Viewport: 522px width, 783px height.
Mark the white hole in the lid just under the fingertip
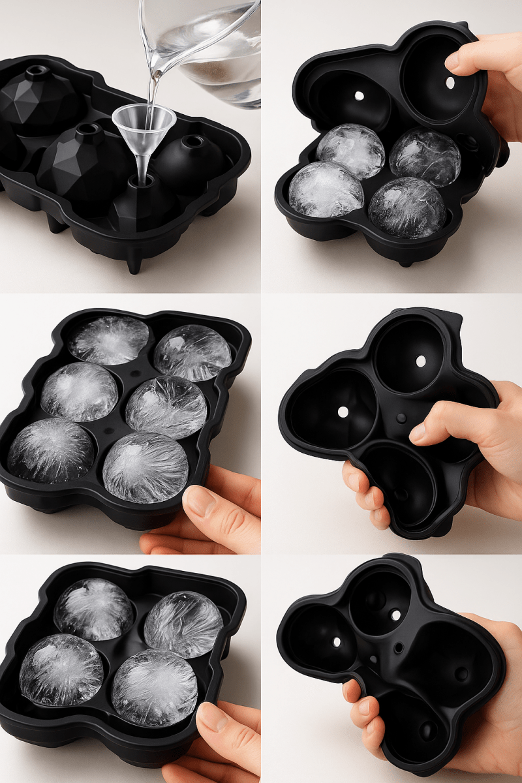point(450,84)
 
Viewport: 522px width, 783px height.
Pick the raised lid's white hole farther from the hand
point(358,95)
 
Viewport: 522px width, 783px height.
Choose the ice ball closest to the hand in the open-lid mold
point(425,157)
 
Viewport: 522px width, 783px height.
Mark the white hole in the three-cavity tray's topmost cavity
point(420,360)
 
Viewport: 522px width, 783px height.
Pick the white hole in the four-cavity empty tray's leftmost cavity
point(337,642)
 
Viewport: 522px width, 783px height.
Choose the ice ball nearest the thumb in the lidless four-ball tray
point(154,686)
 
